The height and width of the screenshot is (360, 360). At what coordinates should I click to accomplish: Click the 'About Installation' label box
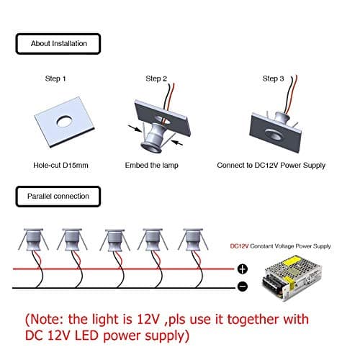[59, 44]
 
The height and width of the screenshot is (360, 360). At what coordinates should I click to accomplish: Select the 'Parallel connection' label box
[59, 196]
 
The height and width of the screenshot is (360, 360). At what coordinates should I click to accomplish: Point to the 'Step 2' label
[156, 78]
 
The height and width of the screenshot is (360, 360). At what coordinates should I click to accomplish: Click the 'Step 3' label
[274, 78]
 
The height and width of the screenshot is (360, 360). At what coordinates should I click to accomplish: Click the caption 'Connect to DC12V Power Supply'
[271, 165]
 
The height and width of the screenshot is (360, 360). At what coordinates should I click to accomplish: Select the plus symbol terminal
[243, 269]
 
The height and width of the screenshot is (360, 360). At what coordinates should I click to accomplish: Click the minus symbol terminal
[243, 287]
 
